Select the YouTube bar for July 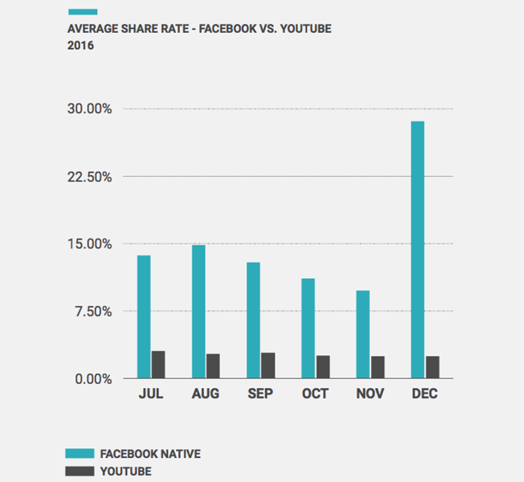click(x=158, y=365)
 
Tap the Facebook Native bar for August click(x=198, y=311)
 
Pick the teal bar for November click(x=363, y=334)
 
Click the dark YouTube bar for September click(x=268, y=366)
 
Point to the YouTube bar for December click(x=432, y=367)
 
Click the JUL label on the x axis click(x=151, y=395)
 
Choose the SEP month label click(x=260, y=395)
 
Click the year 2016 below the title click(x=80, y=45)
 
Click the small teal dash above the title click(x=82, y=11)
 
